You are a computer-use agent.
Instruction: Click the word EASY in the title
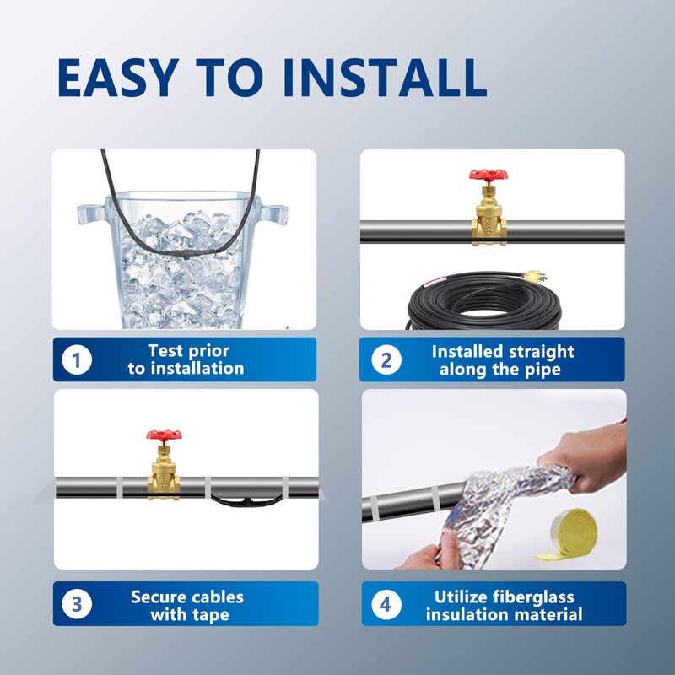(118, 78)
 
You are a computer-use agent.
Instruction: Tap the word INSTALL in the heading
(385, 78)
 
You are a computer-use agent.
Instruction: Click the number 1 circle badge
(77, 359)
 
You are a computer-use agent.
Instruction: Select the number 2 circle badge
(386, 359)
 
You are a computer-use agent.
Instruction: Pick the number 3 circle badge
(77, 603)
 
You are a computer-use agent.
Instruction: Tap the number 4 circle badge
(386, 604)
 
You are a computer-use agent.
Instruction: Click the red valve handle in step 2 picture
(489, 175)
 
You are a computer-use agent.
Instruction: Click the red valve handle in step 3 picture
(164, 435)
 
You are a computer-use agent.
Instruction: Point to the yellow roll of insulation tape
(568, 535)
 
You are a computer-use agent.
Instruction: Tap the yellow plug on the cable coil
(533, 276)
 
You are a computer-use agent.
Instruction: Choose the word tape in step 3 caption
(210, 615)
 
